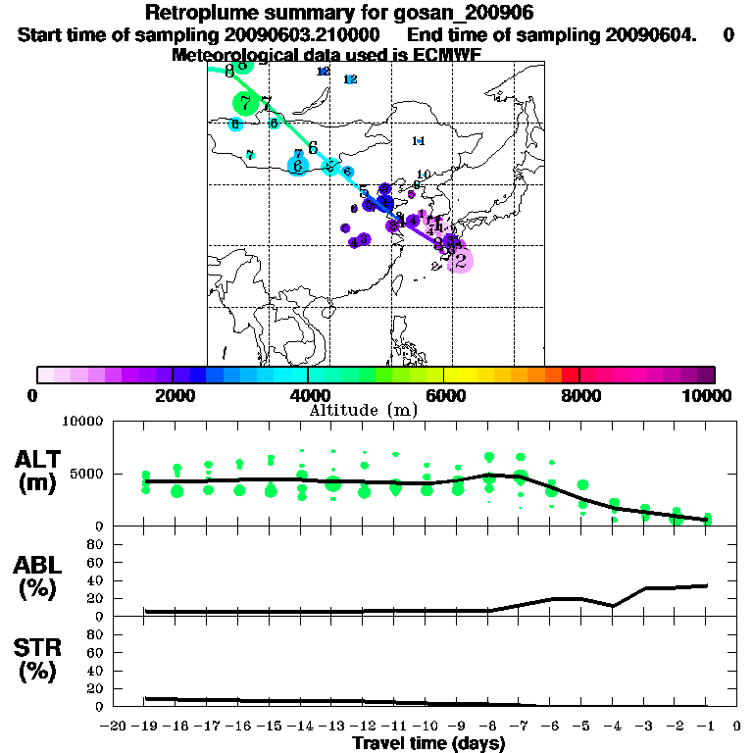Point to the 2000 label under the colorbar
click(x=172, y=395)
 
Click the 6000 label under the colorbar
click(x=443, y=395)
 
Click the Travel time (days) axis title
click(x=428, y=743)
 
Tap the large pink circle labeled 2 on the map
click(x=460, y=260)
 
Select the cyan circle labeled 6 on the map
click(x=298, y=166)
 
